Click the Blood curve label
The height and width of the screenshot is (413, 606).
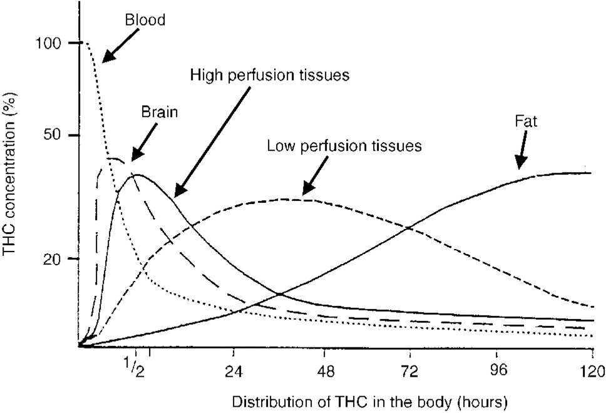[145, 20]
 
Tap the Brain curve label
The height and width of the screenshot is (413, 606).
[158, 113]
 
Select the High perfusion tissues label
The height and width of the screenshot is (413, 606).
[269, 76]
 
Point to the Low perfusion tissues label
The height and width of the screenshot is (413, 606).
[344, 146]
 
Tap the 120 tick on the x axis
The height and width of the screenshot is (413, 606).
[592, 369]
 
